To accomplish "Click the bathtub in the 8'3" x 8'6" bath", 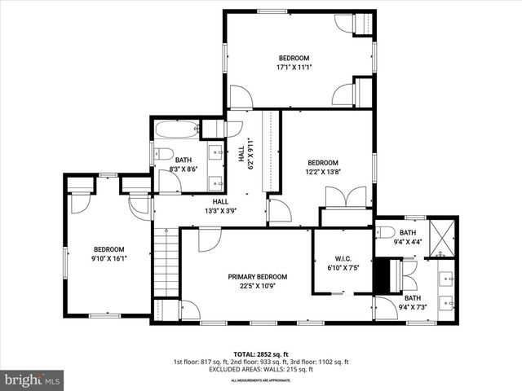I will pyautogui.click(x=176, y=129).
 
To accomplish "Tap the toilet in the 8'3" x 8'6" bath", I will pyautogui.click(x=164, y=153).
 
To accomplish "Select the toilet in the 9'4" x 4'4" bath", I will pyautogui.click(x=385, y=232).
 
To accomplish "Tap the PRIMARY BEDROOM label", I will pyautogui.click(x=260, y=276).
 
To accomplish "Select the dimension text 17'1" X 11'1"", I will pyautogui.click(x=294, y=68).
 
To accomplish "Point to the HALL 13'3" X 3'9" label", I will pyautogui.click(x=220, y=206).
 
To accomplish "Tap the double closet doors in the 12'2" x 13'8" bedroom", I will pyautogui.click(x=346, y=198).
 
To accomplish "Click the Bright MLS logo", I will pyautogui.click(x=33, y=379).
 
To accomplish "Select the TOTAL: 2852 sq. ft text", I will pyautogui.click(x=261, y=354).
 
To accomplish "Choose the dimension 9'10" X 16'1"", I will pyautogui.click(x=108, y=258).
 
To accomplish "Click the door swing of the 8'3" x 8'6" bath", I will pyautogui.click(x=169, y=182).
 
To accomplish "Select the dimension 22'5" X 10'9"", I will pyautogui.click(x=260, y=286).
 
